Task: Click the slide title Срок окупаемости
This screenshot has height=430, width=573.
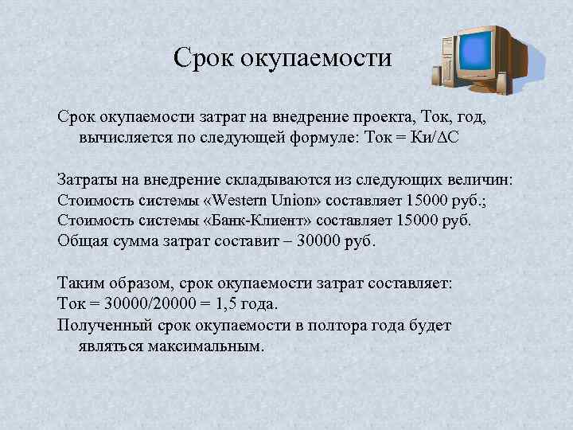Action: point(283,58)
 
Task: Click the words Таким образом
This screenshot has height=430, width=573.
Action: point(115,283)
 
